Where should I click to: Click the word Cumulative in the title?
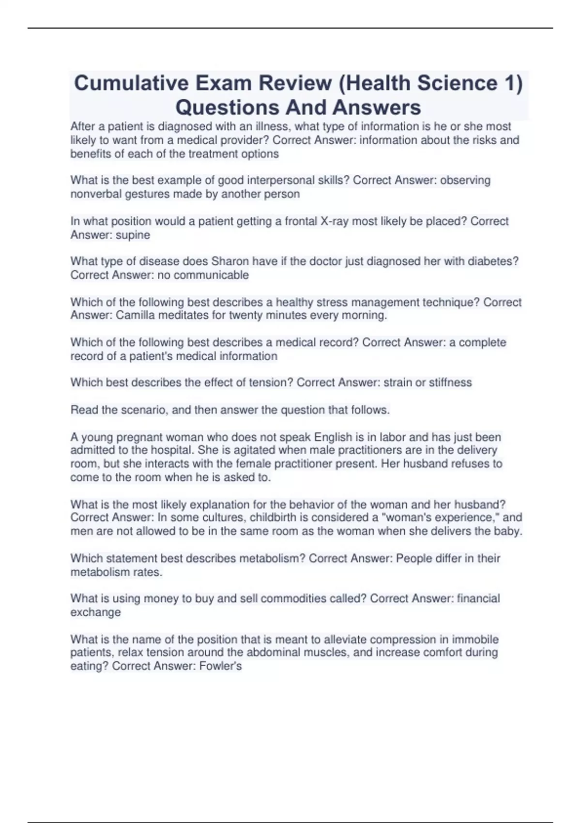pyautogui.click(x=131, y=83)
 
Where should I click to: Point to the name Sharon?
pyautogui.click(x=230, y=261)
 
